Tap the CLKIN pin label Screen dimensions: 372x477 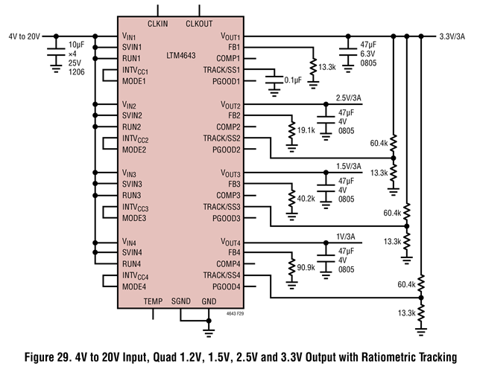coord(157,24)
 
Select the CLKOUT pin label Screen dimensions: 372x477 coord(198,24)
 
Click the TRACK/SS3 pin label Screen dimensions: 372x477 coord(222,206)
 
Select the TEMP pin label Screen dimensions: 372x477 coord(153,301)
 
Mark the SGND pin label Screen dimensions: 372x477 coord(182,301)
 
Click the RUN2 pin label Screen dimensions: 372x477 coord(132,126)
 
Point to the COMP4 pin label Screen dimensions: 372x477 coord(228,263)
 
